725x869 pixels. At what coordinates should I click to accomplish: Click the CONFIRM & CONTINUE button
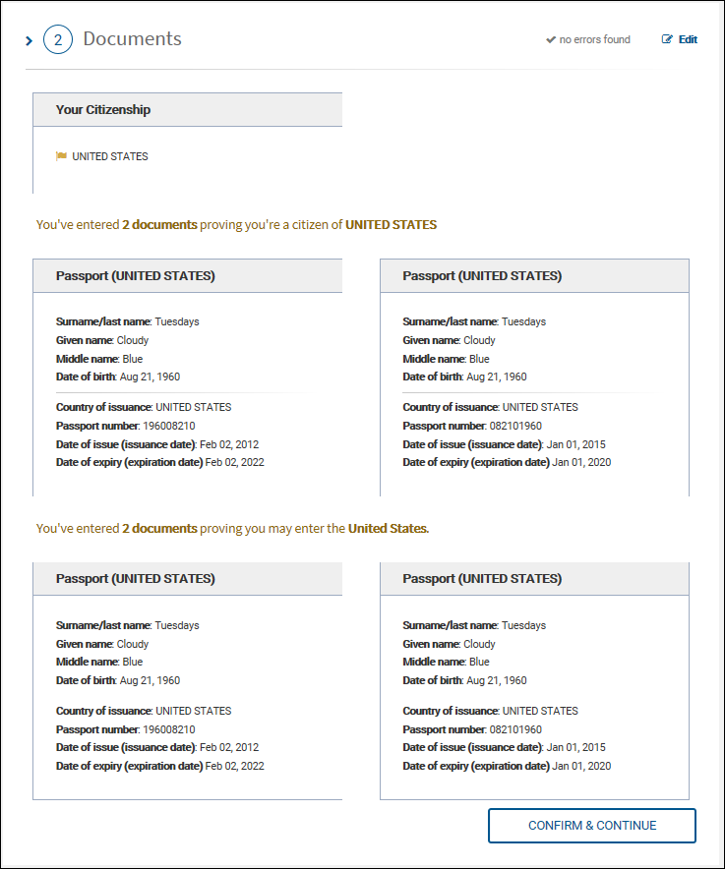click(591, 826)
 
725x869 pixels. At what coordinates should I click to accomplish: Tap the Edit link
click(688, 39)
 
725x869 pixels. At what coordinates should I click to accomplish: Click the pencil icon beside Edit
click(668, 39)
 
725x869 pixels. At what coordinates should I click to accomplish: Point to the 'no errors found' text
click(594, 39)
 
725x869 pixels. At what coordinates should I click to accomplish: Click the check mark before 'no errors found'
click(551, 40)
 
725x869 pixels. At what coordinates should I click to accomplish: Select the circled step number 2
click(58, 39)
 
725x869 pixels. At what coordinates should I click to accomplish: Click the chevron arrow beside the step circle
click(30, 41)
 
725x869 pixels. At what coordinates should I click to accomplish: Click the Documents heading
click(132, 39)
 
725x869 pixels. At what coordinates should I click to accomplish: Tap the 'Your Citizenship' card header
click(187, 110)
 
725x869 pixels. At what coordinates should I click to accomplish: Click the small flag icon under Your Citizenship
click(62, 156)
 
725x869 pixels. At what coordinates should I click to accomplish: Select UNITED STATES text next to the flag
click(110, 156)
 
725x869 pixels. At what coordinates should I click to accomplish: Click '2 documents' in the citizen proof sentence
click(159, 225)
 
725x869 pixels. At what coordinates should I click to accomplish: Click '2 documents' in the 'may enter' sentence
click(159, 529)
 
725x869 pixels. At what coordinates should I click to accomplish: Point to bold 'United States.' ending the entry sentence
click(389, 529)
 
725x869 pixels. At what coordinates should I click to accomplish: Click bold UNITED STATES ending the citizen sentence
click(391, 225)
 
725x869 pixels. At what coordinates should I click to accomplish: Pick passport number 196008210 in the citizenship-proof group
click(169, 426)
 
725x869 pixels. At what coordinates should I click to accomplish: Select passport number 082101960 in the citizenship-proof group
click(515, 426)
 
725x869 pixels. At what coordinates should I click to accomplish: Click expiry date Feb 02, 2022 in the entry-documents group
click(234, 766)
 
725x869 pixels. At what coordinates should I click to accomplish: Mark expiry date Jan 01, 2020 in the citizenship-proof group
click(581, 462)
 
